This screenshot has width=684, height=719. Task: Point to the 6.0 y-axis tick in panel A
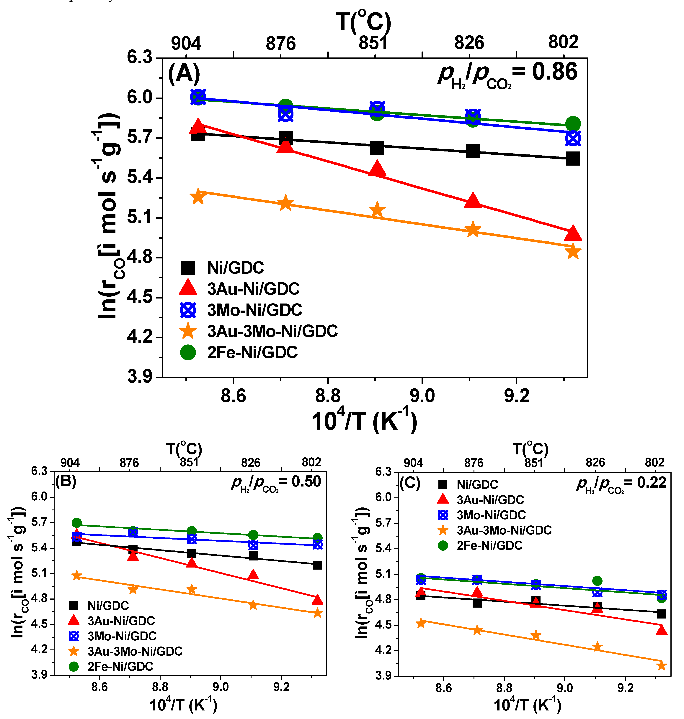coord(139,98)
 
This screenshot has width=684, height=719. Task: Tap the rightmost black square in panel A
coord(573,159)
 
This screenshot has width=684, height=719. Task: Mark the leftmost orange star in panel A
coord(198,197)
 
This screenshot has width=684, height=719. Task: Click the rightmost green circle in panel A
coord(573,124)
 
